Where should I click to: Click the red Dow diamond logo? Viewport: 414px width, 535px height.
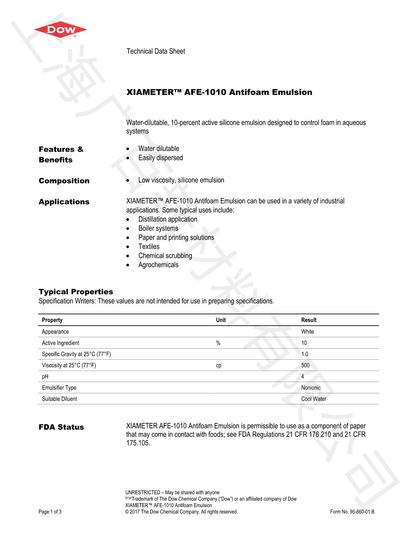coord(60,30)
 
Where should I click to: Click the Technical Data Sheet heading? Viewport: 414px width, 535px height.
coord(156,51)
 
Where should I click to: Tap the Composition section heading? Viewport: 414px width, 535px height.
coord(64,181)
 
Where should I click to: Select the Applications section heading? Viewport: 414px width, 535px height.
coord(64,202)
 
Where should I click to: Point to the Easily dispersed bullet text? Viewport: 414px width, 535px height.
coord(160,158)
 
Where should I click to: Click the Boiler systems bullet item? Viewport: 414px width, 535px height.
coord(158,228)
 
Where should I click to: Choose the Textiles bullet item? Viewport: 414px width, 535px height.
coord(149,246)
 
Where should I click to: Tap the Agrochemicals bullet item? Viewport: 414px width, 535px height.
coord(158,265)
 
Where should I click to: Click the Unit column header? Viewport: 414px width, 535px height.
coord(221,320)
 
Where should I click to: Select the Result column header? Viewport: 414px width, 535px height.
coord(308,320)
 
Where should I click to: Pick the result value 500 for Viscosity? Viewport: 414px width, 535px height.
coord(305,365)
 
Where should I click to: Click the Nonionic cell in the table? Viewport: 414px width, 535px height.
coord(311,387)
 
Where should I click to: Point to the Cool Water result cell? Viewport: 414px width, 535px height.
coord(314,399)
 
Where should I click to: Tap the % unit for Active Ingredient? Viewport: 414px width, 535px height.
coord(218,343)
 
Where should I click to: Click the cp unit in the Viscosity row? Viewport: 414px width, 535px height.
coord(219,365)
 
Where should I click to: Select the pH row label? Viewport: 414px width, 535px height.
coord(45,376)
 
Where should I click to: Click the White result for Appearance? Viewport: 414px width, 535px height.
coord(307,332)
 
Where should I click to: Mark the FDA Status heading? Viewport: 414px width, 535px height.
coord(61,427)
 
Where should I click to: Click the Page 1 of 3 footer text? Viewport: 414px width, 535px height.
coord(50,512)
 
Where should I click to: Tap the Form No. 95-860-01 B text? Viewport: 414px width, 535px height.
coord(352,512)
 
